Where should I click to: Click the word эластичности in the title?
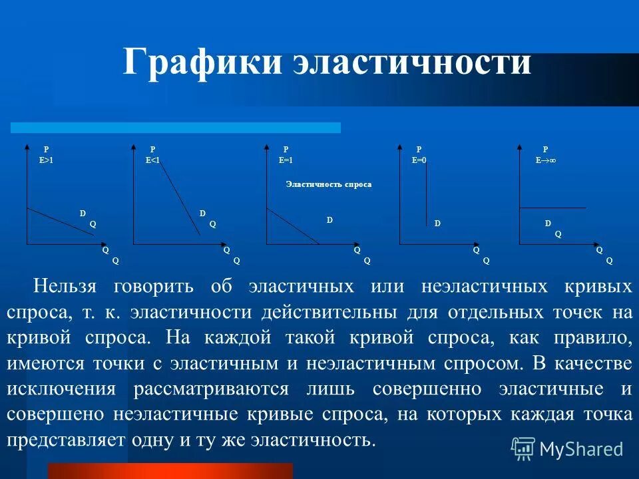tap(413, 64)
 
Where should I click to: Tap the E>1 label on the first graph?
tap(46, 160)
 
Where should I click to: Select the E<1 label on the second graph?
tap(152, 160)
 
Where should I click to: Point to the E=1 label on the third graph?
tap(286, 160)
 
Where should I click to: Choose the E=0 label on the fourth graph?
tap(419, 160)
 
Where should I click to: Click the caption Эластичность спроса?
tap(328, 184)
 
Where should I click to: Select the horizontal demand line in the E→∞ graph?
tap(552, 208)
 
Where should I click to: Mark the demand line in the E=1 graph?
tap(293, 227)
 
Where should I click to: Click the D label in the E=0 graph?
tap(437, 224)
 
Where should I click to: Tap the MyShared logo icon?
tap(523, 448)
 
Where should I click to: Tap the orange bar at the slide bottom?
tap(170, 471)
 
